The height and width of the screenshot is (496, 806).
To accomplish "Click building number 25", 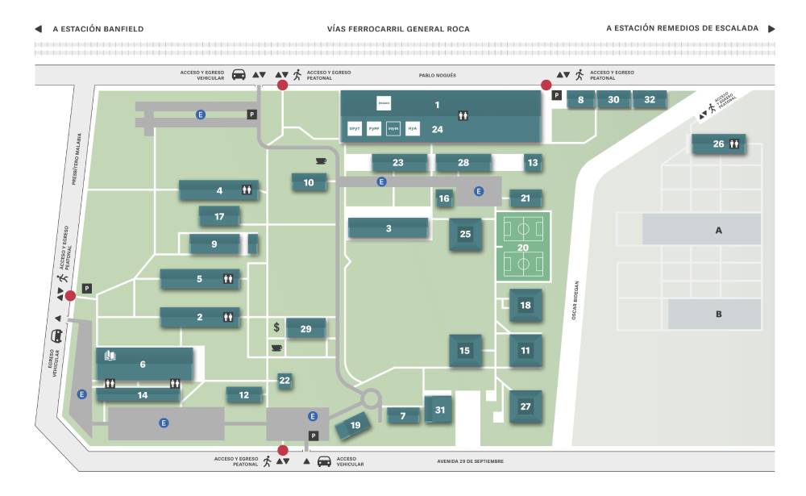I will (465, 235).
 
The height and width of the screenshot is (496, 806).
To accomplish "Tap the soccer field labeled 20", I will (522, 247).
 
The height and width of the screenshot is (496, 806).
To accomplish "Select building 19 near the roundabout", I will (355, 425).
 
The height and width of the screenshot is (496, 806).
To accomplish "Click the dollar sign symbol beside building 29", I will (276, 327).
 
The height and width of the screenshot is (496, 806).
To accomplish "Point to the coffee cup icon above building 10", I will (321, 161).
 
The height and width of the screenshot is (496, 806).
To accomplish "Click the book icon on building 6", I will (110, 355).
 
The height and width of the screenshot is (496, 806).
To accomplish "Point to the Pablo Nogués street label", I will (437, 75).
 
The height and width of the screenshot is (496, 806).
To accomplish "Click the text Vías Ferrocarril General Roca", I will (398, 29).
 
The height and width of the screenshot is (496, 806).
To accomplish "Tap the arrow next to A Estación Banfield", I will (39, 29).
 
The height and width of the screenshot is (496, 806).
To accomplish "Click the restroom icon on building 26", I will (734, 144).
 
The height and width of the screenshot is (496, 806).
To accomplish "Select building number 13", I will (533, 163).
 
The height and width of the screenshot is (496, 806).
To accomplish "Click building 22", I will (285, 380).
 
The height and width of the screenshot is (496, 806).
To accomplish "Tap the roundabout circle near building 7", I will (370, 398).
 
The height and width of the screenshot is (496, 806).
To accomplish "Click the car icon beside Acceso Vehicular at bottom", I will (324, 461).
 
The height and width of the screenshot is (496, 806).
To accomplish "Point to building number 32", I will (650, 100).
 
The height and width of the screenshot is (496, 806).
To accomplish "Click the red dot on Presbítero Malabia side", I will (70, 295).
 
